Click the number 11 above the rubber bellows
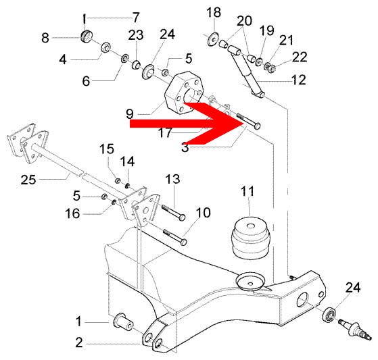click(247, 191)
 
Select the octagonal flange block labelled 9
click(183, 91)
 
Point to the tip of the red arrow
click(243, 124)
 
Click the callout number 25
click(28, 180)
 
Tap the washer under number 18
click(213, 39)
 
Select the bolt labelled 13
click(173, 212)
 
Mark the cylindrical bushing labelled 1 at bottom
click(123, 323)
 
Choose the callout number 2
click(79, 342)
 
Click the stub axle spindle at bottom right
click(354, 330)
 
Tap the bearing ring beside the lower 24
click(329, 315)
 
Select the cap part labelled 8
click(87, 37)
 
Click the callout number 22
click(300, 57)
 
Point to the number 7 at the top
click(136, 18)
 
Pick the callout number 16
click(72, 213)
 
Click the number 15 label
click(107, 149)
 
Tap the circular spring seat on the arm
click(251, 281)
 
